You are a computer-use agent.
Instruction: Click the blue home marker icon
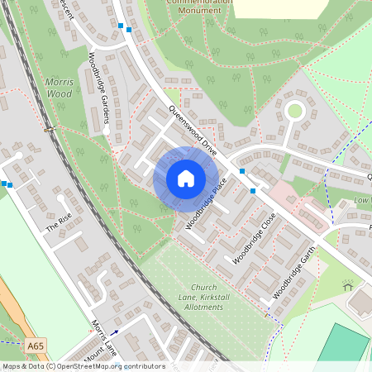pos(185,179)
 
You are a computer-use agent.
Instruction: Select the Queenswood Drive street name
pos(192,131)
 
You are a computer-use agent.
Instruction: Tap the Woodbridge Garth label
pos(295,276)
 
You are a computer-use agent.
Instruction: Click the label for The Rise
pos(59,224)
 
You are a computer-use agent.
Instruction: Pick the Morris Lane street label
pos(104,336)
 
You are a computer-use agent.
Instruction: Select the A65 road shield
pos(35,345)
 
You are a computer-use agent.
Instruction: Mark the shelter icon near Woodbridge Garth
pos(347,285)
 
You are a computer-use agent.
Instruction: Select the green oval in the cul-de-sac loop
pos(293,110)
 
